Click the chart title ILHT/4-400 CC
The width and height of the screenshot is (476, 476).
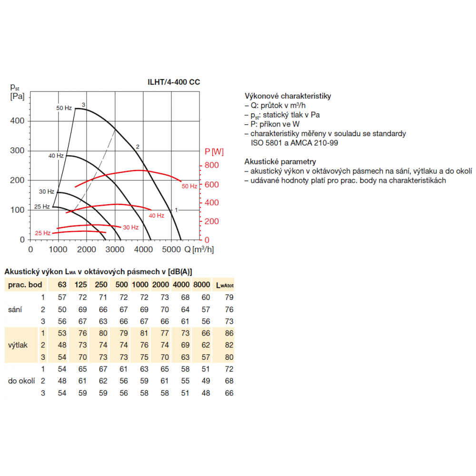[x=174, y=82]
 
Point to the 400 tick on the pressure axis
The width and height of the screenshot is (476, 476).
[x=17, y=121]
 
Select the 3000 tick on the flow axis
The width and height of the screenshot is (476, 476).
[x=115, y=249]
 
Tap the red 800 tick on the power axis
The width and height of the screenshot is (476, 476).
[x=212, y=165]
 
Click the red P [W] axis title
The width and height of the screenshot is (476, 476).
[x=214, y=151]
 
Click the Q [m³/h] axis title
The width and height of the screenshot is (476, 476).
[x=199, y=249]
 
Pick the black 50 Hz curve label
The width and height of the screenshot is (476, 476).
[x=64, y=108]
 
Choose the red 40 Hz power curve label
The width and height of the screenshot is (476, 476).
[x=156, y=216]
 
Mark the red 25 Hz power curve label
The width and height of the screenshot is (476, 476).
[x=42, y=233]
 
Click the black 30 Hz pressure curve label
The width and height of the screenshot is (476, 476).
[x=47, y=191]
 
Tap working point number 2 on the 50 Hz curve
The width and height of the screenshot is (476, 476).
[x=138, y=147]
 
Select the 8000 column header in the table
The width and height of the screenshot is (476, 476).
[x=201, y=285]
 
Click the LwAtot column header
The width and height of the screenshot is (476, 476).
[x=225, y=285]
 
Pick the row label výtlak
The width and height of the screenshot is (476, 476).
[x=18, y=345]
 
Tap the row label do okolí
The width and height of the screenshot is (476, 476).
[x=21, y=381]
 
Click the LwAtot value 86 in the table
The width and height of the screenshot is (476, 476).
[x=229, y=333]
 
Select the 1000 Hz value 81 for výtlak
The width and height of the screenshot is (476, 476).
[x=144, y=333]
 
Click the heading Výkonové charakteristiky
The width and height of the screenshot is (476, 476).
[x=288, y=96]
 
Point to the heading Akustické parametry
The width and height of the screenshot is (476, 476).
[x=280, y=162]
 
